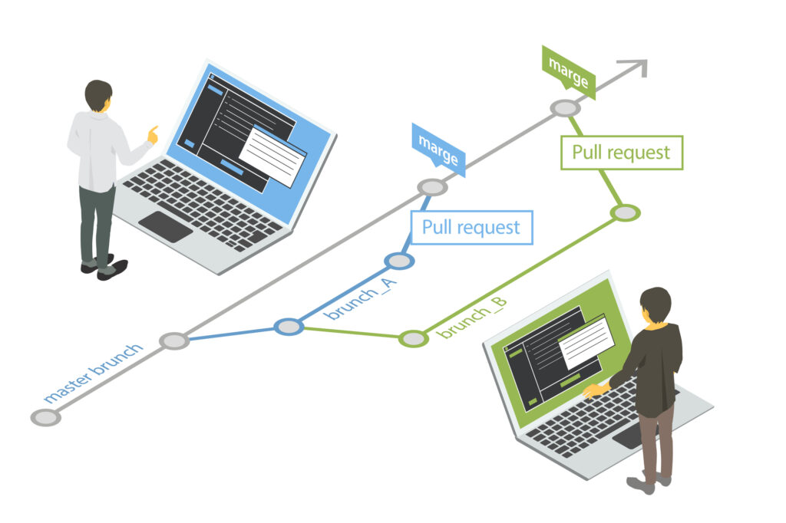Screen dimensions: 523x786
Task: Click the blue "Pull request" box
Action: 471,228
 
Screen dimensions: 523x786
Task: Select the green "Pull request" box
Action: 621,153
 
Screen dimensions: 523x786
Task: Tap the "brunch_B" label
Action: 471,315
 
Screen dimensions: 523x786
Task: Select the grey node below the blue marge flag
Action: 432,187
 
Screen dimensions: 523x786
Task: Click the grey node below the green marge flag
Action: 566,108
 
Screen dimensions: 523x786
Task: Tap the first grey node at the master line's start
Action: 45,417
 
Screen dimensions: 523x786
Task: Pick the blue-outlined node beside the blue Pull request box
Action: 399,261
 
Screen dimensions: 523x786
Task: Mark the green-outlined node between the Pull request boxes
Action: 626,212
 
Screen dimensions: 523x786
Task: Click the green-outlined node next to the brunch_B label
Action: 413,338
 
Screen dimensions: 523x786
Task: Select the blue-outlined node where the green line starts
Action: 289,327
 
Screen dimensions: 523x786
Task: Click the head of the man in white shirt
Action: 98,95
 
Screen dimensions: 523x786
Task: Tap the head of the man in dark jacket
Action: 655,304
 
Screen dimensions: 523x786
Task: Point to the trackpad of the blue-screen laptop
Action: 166,226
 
